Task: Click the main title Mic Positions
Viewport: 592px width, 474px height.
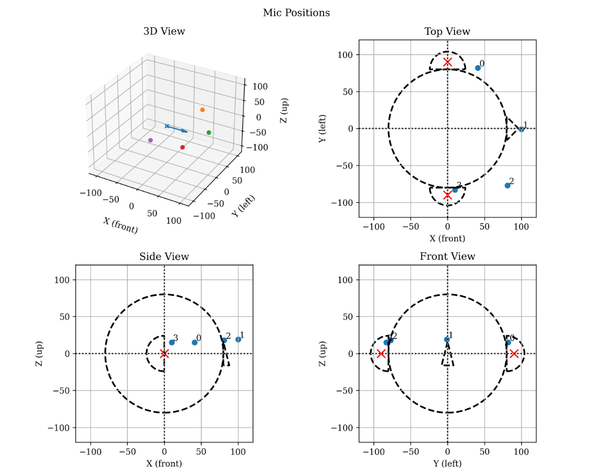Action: pyautogui.click(x=296, y=13)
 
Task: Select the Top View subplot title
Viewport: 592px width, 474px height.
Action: pyautogui.click(x=447, y=32)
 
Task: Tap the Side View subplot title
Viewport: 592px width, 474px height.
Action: pyautogui.click(x=164, y=257)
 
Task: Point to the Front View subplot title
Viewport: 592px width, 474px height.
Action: pyautogui.click(x=447, y=257)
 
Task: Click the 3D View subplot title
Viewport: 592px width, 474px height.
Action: pyautogui.click(x=164, y=32)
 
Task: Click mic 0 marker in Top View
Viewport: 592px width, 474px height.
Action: pyautogui.click(x=478, y=68)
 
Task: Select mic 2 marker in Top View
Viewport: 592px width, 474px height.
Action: pyautogui.click(x=508, y=185)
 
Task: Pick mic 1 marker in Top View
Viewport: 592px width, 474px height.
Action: pyautogui.click(x=521, y=130)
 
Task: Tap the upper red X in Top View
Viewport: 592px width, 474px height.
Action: pyautogui.click(x=448, y=62)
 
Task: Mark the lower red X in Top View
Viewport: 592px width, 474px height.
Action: pyautogui.click(x=448, y=195)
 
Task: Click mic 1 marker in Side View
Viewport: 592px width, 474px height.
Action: pyautogui.click(x=238, y=339)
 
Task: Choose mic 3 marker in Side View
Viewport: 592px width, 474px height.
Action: pyautogui.click(x=172, y=342)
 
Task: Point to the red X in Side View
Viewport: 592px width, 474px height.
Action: pyautogui.click(x=164, y=354)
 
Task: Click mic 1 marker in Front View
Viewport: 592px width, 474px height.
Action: pyautogui.click(x=447, y=339)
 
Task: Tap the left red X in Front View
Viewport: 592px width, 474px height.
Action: pyautogui.click(x=381, y=354)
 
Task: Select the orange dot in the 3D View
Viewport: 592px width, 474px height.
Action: pyautogui.click(x=202, y=110)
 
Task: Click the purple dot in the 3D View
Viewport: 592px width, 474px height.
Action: pyautogui.click(x=150, y=140)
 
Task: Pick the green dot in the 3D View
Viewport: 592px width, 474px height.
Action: pyautogui.click(x=209, y=133)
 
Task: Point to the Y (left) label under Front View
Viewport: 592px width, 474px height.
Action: pyautogui.click(x=447, y=464)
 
